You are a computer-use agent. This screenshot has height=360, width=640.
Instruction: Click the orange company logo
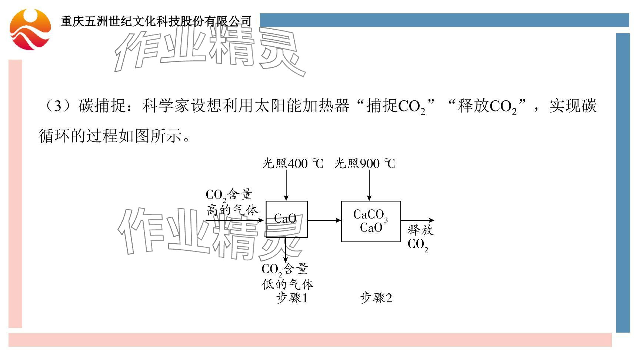[30, 29]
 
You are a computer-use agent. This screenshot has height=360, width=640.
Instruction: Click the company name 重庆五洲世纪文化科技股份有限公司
[156, 21]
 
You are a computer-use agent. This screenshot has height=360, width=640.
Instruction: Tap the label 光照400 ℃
[292, 163]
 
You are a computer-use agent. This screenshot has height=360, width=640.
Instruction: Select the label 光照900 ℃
[364, 163]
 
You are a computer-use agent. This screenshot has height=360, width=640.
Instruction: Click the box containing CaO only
[287, 219]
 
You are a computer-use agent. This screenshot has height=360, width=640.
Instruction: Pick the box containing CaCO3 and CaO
[371, 221]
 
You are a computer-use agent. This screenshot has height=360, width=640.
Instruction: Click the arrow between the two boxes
[324, 220]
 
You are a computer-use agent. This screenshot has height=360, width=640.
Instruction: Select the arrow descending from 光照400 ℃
[286, 185]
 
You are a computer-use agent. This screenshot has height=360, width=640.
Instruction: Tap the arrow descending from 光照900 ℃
[369, 185]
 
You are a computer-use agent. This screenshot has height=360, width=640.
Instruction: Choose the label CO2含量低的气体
[287, 277]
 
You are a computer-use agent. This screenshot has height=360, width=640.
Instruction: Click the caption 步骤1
[292, 298]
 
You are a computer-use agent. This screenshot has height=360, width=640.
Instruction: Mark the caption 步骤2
[376, 298]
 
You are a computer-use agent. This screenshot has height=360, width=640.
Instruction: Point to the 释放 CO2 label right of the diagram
[420, 237]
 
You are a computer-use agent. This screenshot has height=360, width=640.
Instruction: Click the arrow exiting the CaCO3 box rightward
[417, 220]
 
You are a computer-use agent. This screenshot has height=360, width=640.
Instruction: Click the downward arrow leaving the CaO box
[286, 250]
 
